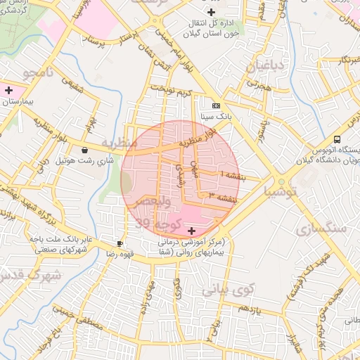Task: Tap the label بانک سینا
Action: [x=215, y=115]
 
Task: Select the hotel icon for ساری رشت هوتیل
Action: [x=85, y=149]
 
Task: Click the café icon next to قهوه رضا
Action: [x=120, y=243]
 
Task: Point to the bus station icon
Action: [x=337, y=139]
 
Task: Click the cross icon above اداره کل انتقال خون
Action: [x=211, y=13]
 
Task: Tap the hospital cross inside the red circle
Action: [x=192, y=231]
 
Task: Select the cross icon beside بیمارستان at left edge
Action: [x=8, y=90]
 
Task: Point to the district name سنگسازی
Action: [x=321, y=229]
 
